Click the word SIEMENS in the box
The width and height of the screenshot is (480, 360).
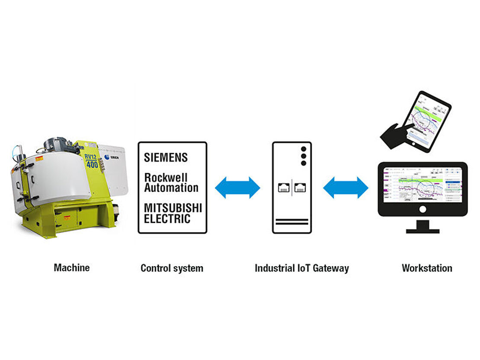coord(166,158)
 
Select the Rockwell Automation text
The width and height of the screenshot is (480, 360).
coord(171,183)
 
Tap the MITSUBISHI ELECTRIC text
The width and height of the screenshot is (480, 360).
coord(173,213)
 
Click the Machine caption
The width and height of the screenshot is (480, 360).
coord(72,268)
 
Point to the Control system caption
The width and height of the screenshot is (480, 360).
coord(172,268)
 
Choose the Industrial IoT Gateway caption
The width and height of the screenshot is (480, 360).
coord(301,268)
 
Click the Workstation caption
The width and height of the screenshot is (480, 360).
coord(427,268)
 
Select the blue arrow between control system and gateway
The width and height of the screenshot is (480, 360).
coord(237,188)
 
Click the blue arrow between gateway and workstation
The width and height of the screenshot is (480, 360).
coord(346,188)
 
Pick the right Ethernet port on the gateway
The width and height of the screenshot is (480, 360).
coord(300,188)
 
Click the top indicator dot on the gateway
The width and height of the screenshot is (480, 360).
coord(303,148)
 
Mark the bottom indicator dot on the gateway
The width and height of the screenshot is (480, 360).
coord(303,163)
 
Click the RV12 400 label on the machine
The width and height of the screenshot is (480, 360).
coord(92,161)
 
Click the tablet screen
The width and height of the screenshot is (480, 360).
coord(424,121)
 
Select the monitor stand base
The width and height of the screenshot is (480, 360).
coord(422,229)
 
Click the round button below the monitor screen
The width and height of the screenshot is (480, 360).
coord(422,209)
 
